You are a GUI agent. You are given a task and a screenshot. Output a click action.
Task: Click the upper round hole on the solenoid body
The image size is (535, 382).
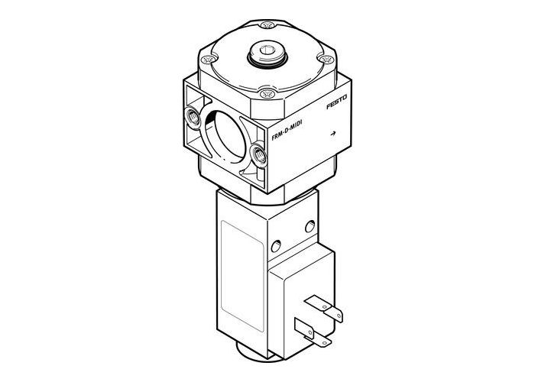pos(310,225)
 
